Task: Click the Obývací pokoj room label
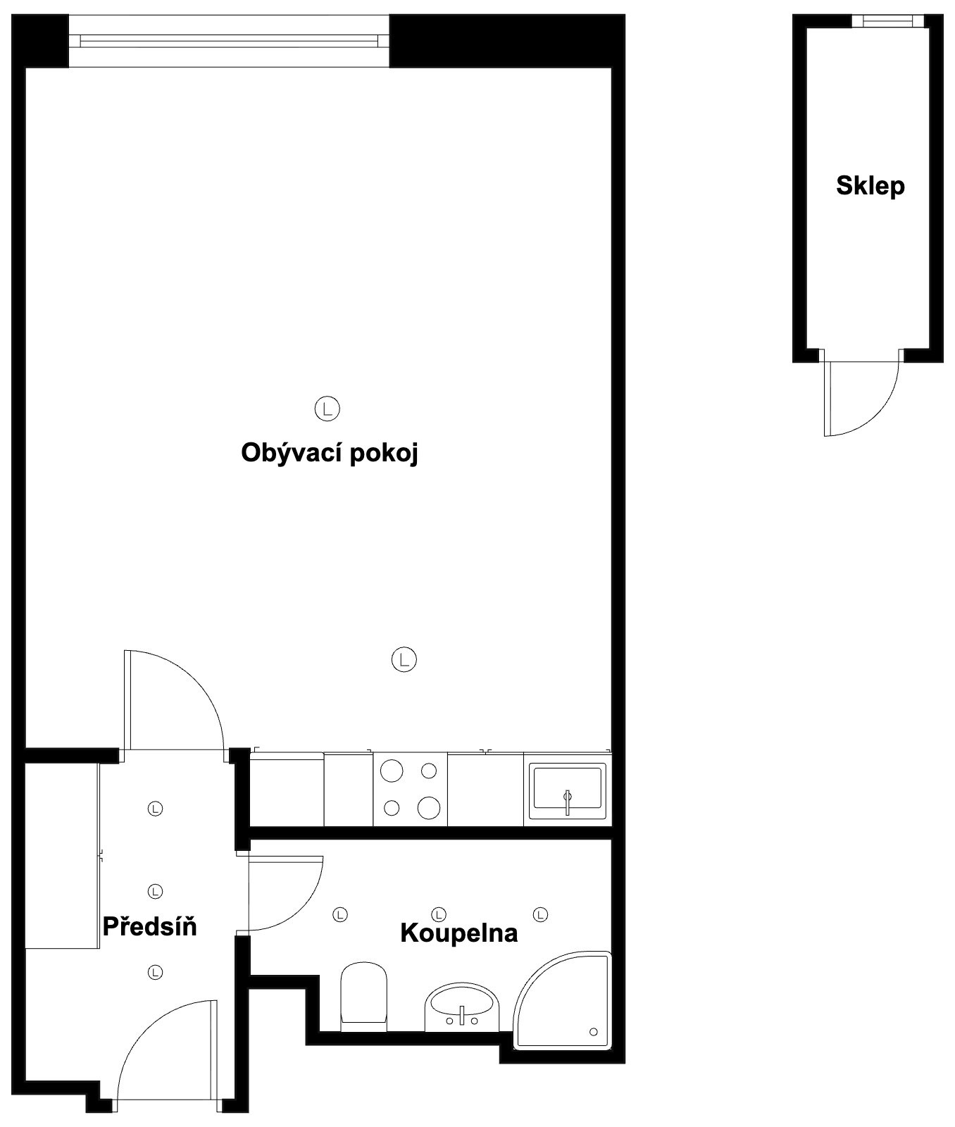click(x=330, y=454)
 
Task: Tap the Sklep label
click(x=870, y=186)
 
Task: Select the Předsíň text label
click(x=149, y=925)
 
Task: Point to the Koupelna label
click(x=458, y=933)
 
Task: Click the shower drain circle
click(x=593, y=1032)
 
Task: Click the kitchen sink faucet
click(x=568, y=802)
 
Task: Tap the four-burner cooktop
click(x=410, y=789)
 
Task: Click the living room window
click(x=229, y=41)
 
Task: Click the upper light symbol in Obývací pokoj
click(x=327, y=408)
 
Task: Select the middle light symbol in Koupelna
click(x=439, y=914)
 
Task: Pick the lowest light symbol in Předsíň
click(x=155, y=972)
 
